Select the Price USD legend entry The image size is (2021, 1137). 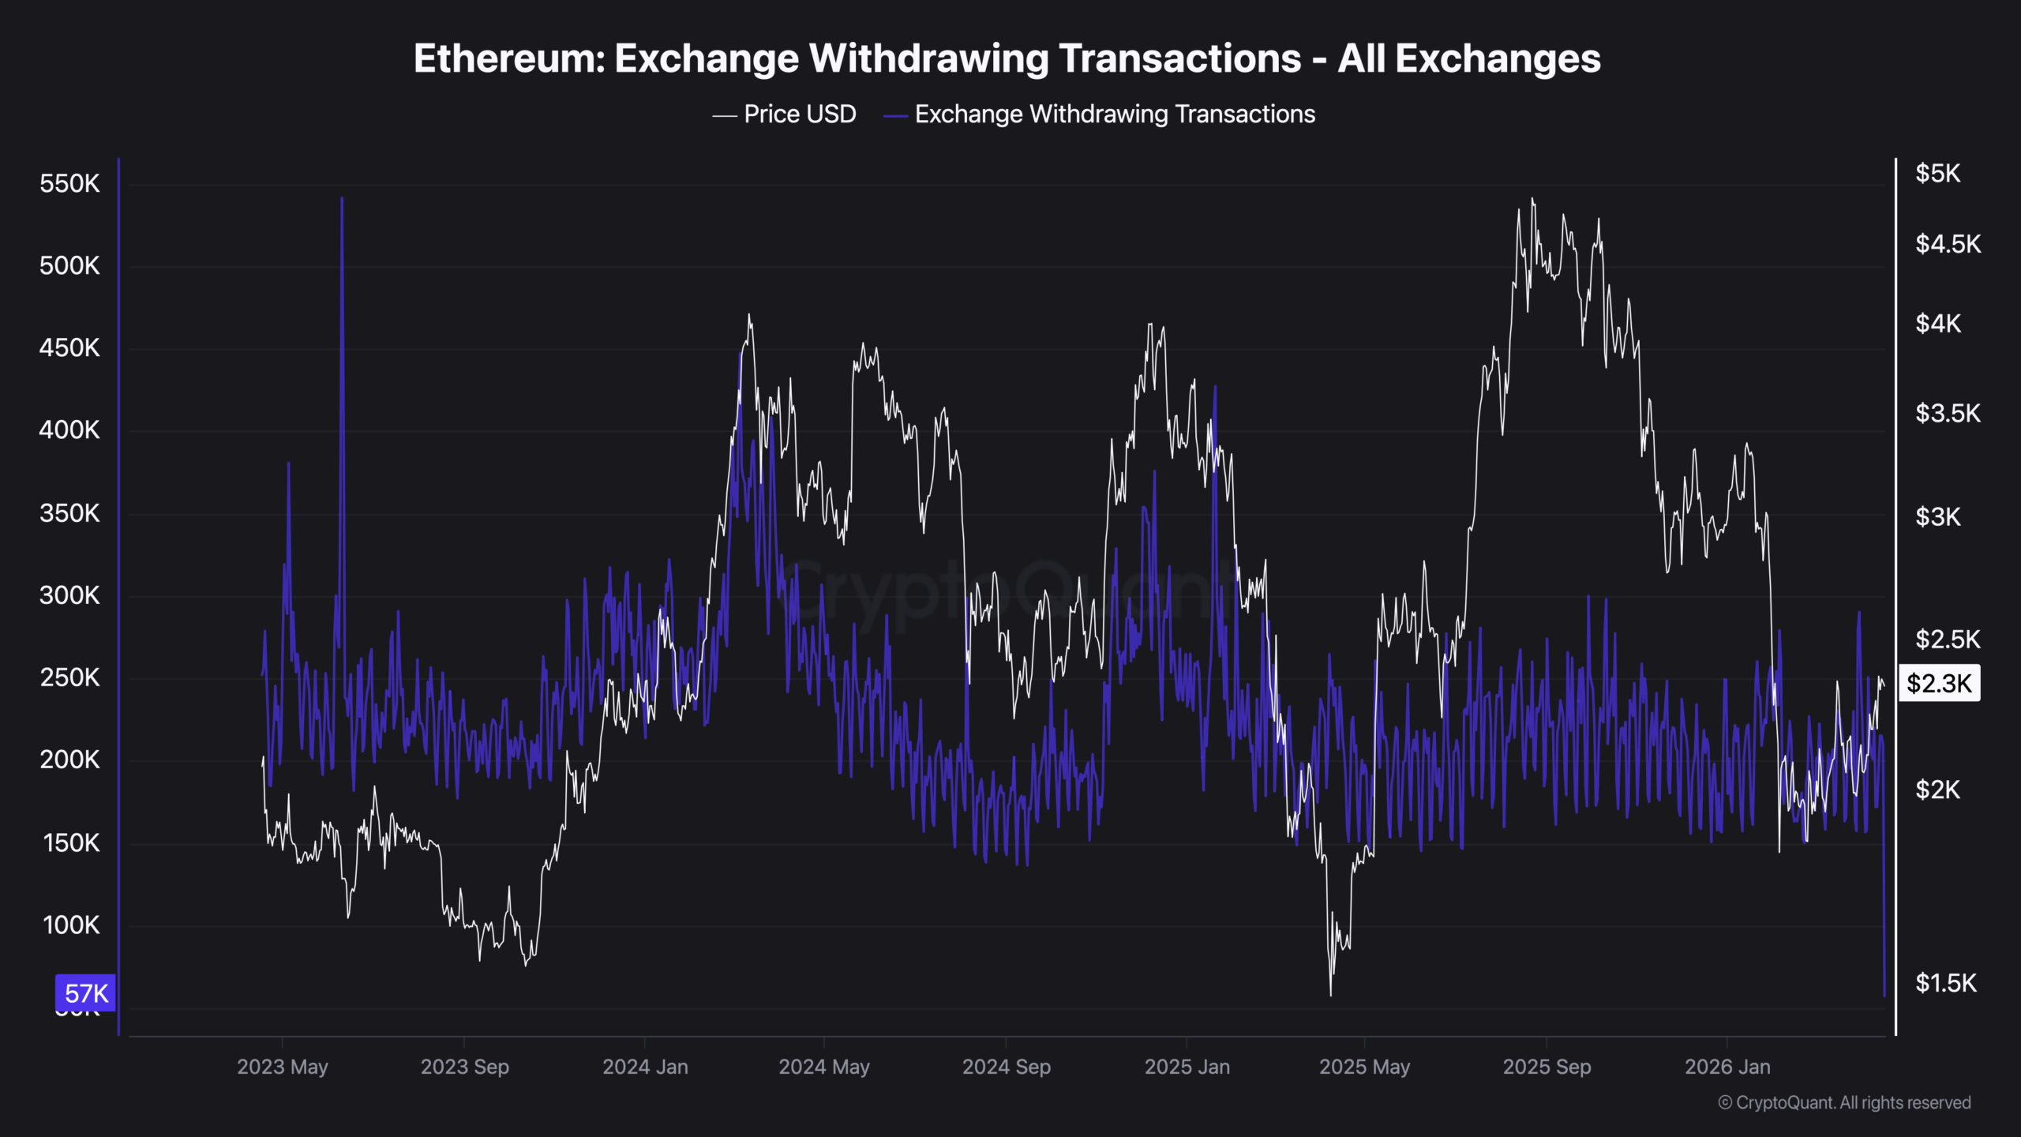point(799,114)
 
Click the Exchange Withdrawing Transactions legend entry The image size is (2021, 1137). point(1114,114)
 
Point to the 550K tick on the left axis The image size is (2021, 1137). point(69,184)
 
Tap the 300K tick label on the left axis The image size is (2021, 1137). point(69,595)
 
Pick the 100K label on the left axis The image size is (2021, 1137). point(71,925)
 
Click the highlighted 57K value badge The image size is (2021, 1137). point(86,993)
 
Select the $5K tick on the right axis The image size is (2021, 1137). point(1937,174)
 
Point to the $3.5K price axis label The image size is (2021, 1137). point(1948,413)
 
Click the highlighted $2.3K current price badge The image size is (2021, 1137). point(1939,683)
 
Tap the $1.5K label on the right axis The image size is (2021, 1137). point(1946,983)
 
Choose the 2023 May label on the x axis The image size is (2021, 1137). point(283,1067)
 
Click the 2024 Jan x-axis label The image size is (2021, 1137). point(645,1067)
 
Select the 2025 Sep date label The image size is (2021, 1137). point(1547,1067)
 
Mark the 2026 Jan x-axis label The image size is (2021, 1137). point(1727,1067)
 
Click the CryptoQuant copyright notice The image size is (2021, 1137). point(1844,1102)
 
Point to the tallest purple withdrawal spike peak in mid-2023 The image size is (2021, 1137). point(342,199)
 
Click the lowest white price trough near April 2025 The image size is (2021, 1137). point(1330,994)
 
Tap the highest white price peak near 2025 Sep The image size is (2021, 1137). point(1532,200)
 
